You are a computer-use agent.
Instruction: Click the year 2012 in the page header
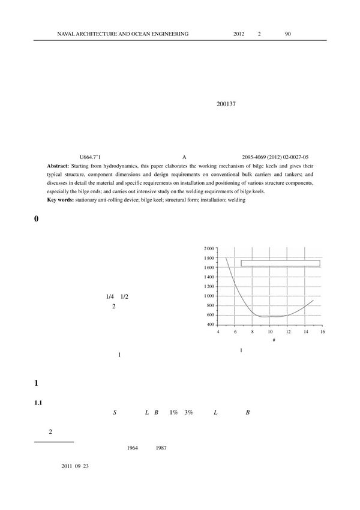tap(239, 34)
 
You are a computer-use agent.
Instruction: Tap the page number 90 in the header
tap(288, 34)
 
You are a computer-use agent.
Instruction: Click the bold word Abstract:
tap(58, 165)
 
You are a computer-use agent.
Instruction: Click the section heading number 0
tap(37, 220)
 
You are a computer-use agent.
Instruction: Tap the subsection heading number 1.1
tap(38, 403)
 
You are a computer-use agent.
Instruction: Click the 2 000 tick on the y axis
tap(209, 248)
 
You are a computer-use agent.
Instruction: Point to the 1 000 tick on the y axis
tap(209, 296)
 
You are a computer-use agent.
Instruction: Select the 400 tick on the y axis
tap(211, 325)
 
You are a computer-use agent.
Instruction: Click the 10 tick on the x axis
tap(270, 332)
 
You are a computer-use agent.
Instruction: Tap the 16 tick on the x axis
tap(322, 332)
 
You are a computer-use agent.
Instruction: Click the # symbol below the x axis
tap(274, 340)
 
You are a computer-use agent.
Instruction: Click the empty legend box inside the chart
tap(280, 263)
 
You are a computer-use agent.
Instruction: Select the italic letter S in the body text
tap(115, 413)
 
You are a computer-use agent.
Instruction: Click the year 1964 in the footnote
tap(133, 448)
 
